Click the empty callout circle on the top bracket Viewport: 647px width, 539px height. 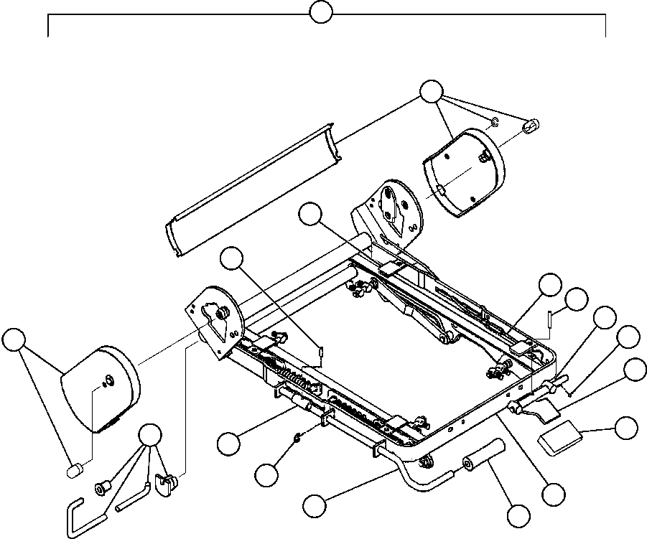[x=320, y=11]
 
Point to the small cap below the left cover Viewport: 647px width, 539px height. [x=73, y=470]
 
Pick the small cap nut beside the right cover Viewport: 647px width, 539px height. [x=532, y=126]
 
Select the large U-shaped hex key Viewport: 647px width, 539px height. [x=80, y=513]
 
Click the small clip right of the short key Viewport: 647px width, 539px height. [x=167, y=486]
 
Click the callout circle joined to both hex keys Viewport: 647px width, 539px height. [x=149, y=435]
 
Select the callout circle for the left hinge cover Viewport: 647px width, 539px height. [x=13, y=339]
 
